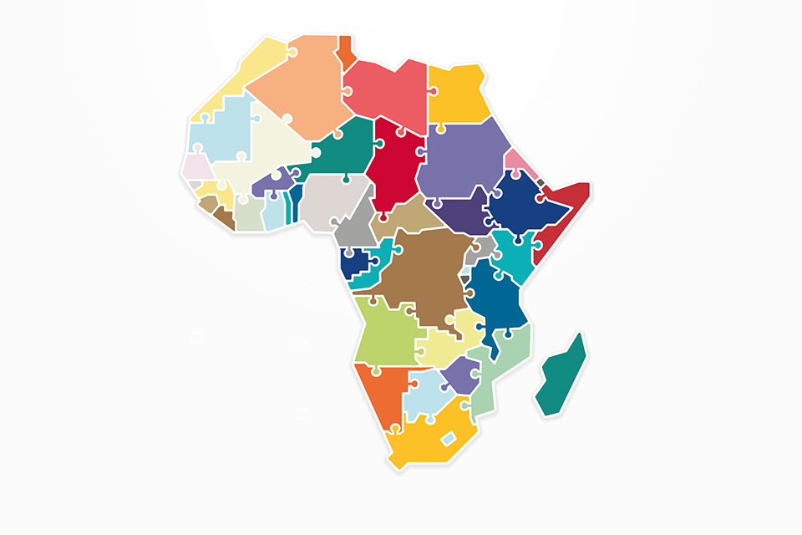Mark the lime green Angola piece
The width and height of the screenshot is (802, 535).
click(x=383, y=331)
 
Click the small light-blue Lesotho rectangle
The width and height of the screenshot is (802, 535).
click(x=449, y=437)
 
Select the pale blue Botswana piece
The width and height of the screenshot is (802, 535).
click(x=425, y=392)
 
